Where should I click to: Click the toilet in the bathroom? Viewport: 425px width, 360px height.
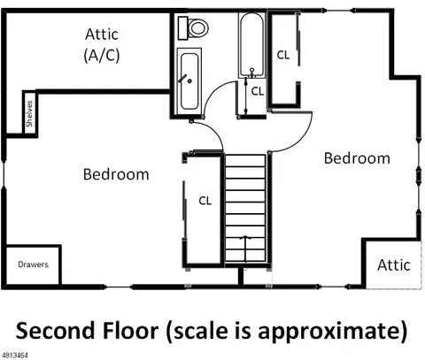[x=193, y=28]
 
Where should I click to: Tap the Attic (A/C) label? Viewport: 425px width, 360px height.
[x=102, y=45]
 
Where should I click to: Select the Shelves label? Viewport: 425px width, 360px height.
[x=29, y=114]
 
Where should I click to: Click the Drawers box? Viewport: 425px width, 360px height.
[x=33, y=264]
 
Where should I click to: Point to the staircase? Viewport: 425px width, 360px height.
[x=245, y=208]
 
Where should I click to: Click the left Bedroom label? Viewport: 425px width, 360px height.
[x=116, y=174]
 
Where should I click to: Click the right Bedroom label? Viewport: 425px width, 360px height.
[x=357, y=158]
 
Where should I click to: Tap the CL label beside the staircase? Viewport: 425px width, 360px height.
[x=205, y=201]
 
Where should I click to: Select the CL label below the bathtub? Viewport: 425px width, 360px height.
[x=258, y=92]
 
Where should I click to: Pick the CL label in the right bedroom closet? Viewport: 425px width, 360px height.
[x=283, y=55]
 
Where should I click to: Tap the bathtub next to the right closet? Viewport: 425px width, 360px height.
[x=251, y=45]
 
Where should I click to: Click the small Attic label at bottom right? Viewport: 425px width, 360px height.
[x=394, y=265]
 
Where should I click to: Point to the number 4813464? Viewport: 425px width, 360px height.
[x=14, y=356]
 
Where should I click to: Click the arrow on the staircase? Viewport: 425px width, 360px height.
[x=245, y=249]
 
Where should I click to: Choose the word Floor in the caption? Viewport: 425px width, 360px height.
[x=130, y=331]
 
